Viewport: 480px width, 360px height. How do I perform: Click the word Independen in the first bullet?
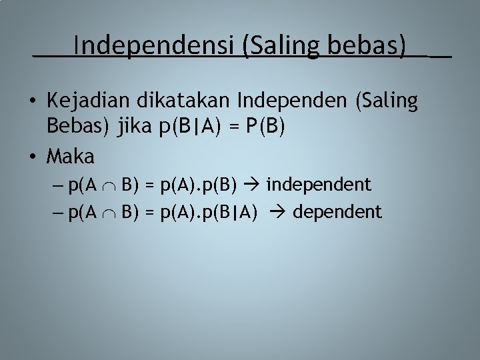294,101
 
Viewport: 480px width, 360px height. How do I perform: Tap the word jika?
135,127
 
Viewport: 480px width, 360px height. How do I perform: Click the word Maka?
71,157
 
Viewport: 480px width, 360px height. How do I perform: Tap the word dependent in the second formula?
337,212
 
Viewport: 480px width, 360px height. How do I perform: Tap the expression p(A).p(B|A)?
209,212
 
